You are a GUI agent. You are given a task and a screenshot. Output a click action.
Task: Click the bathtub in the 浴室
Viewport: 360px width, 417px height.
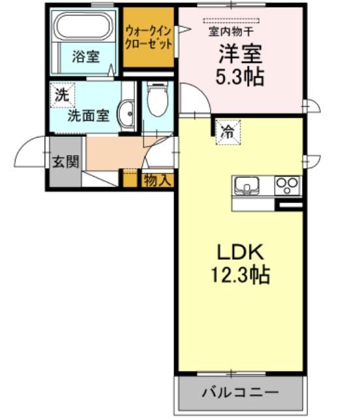point(83,26)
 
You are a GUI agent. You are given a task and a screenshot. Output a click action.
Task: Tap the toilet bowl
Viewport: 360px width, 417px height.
point(158,100)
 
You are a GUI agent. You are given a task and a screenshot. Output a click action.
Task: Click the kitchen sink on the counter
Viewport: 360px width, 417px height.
point(247,184)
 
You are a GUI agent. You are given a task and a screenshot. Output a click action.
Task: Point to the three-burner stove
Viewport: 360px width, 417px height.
point(287,185)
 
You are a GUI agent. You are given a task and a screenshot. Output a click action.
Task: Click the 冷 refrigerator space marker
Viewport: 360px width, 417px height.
point(228,132)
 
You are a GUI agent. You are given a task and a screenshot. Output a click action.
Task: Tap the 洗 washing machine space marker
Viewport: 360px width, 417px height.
point(63,95)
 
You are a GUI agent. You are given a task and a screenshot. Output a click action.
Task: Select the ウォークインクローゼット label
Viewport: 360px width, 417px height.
point(148,38)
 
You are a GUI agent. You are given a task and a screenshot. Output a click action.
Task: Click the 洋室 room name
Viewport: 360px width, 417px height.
point(240,54)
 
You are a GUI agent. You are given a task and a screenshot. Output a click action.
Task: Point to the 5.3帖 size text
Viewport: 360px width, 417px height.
point(239,77)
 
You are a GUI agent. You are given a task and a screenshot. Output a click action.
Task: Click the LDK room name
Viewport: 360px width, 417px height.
point(241,252)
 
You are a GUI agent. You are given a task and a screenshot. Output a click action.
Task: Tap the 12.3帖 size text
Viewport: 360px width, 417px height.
point(241,275)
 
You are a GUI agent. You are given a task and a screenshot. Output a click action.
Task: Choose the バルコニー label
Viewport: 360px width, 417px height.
point(241,392)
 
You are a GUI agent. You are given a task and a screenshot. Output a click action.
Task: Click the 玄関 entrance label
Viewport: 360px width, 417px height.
point(66,162)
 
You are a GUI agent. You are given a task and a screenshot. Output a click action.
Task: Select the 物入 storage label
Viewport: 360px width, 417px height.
point(157,180)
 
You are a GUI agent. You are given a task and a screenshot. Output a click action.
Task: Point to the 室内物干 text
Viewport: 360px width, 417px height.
point(231,32)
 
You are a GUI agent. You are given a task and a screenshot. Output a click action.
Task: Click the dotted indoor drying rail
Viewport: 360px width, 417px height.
point(231,21)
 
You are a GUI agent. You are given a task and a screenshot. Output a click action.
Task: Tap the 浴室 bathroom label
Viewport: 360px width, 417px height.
point(85,57)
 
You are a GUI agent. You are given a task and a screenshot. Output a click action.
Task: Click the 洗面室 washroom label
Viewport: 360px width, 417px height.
point(89,116)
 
